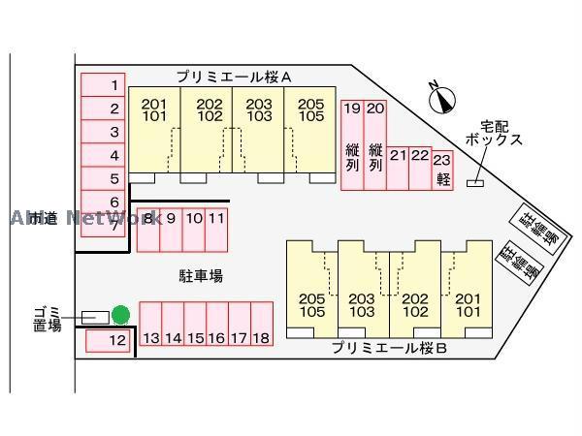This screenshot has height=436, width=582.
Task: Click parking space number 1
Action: point(108,85)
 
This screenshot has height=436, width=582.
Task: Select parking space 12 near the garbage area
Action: point(109,340)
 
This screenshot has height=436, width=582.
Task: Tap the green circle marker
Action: point(120,315)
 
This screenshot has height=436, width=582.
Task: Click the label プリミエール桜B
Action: point(388,347)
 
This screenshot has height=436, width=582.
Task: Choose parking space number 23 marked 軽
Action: point(442,167)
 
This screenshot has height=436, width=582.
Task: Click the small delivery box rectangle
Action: point(476,184)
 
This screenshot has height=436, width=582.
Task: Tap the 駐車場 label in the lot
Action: point(201,275)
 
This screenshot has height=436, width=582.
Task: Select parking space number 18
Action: point(260,325)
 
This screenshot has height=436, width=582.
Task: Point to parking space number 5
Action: point(108,178)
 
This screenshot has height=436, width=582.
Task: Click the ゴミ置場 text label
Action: point(46,318)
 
